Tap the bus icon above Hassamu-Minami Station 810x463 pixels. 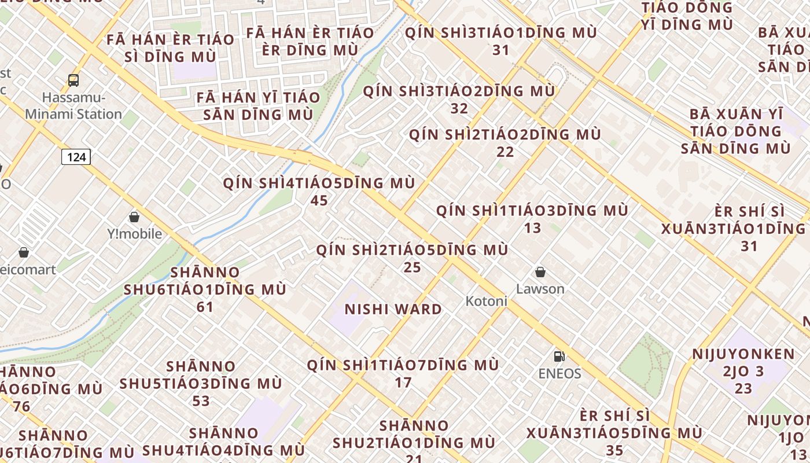(x=73, y=80)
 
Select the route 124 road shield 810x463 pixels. (x=76, y=157)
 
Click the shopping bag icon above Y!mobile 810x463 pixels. (x=134, y=217)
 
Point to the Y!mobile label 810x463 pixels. (x=135, y=234)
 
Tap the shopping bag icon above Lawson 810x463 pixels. (x=540, y=272)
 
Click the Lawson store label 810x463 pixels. (x=540, y=289)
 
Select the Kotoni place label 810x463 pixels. (x=487, y=301)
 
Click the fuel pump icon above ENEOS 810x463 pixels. (x=559, y=357)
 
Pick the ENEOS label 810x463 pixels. (x=559, y=373)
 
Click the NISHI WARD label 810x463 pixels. (x=393, y=309)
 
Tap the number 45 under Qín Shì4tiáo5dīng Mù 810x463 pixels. (x=319, y=201)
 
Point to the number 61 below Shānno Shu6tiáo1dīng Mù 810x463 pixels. (x=205, y=307)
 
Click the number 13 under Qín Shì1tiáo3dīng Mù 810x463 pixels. (x=532, y=227)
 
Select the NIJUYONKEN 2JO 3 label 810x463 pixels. (x=743, y=363)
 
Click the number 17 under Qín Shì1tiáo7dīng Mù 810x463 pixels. (x=403, y=383)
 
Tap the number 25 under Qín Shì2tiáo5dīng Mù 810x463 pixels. (x=413, y=267)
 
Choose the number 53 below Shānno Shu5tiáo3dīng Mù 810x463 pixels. (x=201, y=400)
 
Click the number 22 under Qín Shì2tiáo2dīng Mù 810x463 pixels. (x=505, y=152)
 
